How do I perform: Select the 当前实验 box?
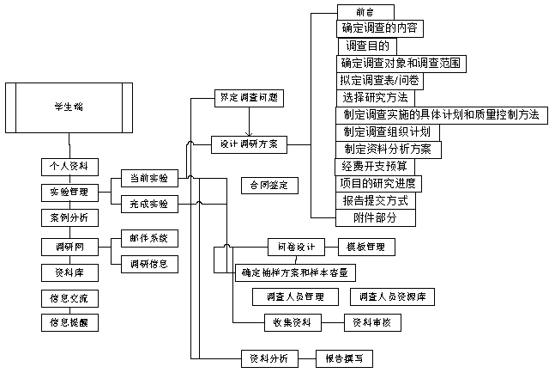(148, 178)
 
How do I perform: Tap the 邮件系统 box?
(148, 237)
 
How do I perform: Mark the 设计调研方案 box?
(250, 144)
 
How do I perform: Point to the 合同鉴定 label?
(268, 185)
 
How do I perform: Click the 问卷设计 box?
(296, 247)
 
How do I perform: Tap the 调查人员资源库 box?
(393, 297)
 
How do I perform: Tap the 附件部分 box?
(375, 217)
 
